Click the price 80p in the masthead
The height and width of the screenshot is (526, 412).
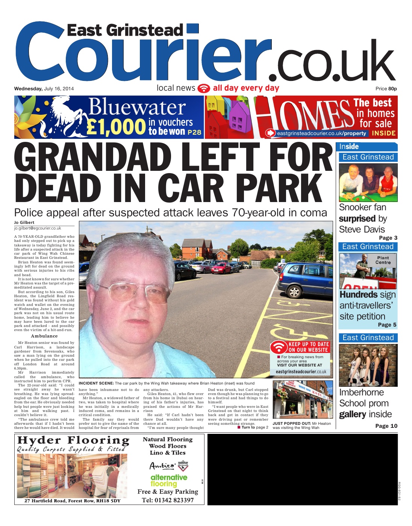[x=392, y=89]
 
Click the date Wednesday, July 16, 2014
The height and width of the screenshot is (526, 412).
[x=44, y=89]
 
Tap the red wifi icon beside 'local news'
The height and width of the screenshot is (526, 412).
[x=204, y=88]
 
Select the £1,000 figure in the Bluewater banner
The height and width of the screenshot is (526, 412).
[x=116, y=127]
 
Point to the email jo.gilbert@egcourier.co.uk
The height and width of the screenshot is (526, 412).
[x=38, y=228]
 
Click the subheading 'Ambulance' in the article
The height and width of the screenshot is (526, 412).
[x=44, y=336]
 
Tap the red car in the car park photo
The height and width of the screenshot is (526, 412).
[x=221, y=268]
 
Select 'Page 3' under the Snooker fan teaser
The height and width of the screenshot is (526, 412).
[x=388, y=238]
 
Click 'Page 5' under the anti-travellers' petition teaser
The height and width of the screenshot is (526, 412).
[x=387, y=325]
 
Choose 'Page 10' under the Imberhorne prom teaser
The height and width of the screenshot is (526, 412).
[x=386, y=426]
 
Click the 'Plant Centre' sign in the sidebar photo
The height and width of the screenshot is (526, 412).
[x=383, y=260]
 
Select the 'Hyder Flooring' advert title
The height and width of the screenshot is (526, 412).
[x=73, y=440]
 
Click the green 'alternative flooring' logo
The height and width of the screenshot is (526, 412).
[x=168, y=480]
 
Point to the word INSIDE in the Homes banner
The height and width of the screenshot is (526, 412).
[x=383, y=133]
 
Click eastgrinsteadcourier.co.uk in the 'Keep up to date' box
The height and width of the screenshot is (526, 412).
[x=301, y=371]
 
